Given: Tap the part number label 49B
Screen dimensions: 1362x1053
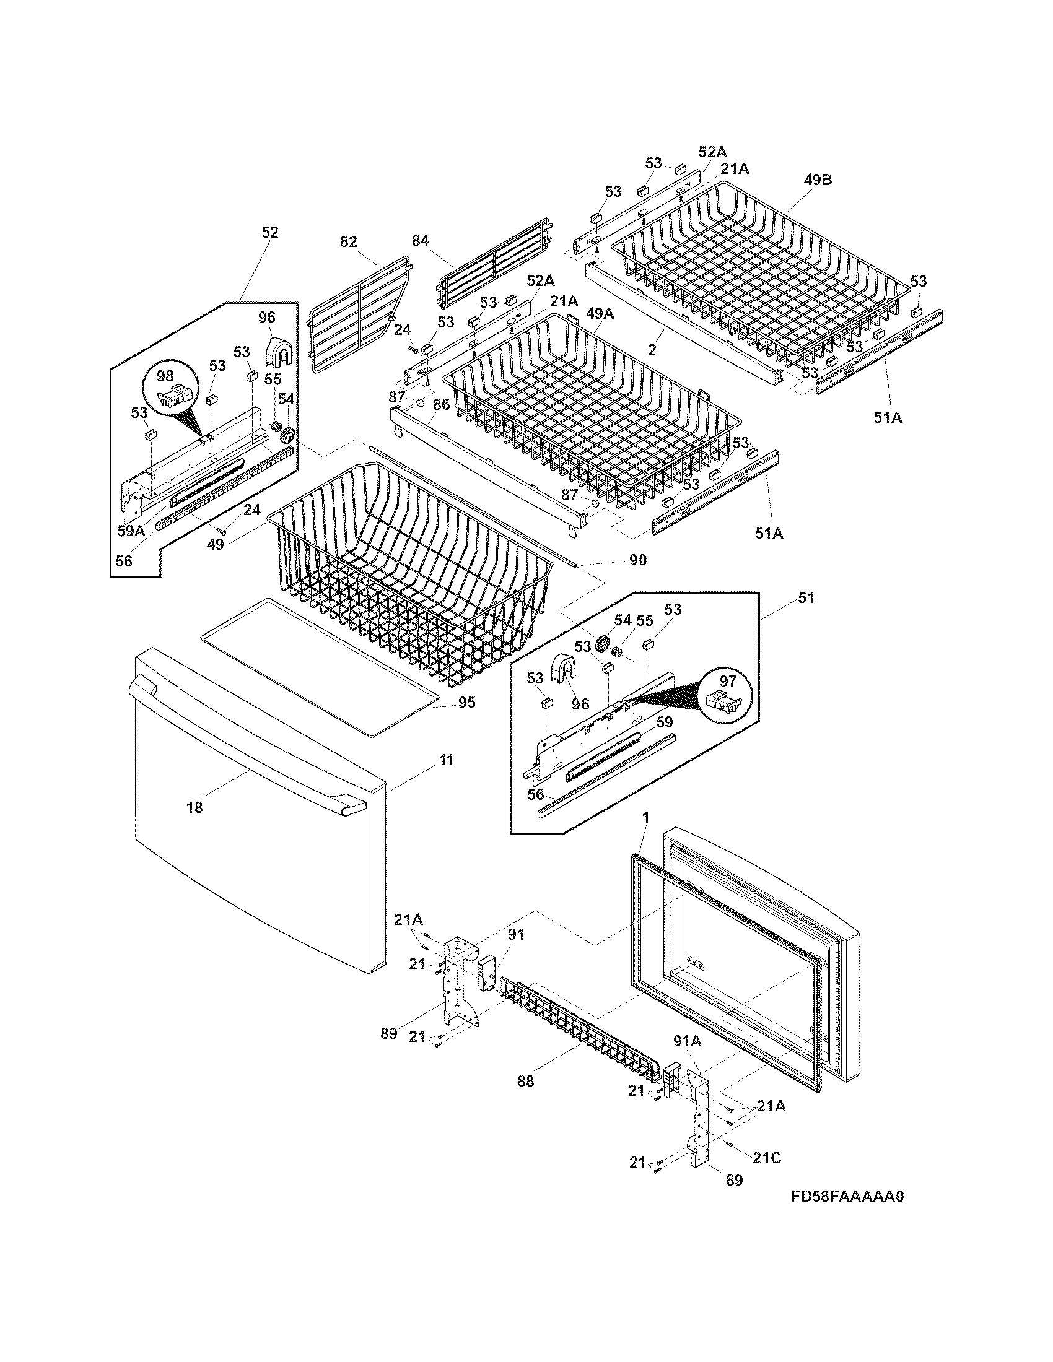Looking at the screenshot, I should coord(818,180).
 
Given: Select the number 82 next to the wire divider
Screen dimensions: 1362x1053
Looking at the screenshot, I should coord(349,241).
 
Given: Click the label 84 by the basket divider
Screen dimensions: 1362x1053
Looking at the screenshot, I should coord(421,240).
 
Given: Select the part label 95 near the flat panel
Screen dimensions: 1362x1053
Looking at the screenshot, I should coord(466,702).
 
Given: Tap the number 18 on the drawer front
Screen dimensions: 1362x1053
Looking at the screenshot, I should coord(194,807).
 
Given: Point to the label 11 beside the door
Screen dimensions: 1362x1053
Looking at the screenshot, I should coord(446,760).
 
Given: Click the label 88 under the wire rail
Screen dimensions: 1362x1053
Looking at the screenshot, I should coord(526,1081).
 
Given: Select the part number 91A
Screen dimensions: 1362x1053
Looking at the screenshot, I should coord(688,1041).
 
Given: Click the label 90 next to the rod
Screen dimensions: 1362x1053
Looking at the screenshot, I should coord(637,560).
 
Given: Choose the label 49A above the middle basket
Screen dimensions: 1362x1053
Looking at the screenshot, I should coord(599,314).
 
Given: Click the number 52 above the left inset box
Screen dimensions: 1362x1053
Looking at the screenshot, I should coord(269,232).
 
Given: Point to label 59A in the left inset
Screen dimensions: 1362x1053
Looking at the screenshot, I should coord(131,531).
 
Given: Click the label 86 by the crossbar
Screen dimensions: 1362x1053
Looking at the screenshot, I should coord(441,404).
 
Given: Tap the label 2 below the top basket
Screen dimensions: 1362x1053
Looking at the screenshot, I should coord(652,350).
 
